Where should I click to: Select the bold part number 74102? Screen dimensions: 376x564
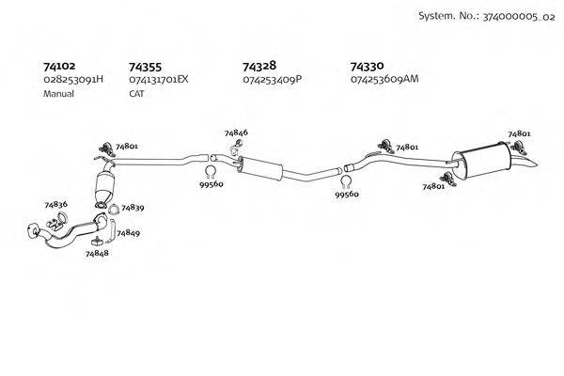[61, 67]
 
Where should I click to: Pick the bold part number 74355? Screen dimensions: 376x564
[145, 67]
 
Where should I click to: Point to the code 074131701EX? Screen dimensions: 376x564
[159, 80]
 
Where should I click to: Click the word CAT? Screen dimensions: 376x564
[136, 94]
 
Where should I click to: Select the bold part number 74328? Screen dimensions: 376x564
[258, 67]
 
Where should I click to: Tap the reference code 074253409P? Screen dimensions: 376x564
[272, 80]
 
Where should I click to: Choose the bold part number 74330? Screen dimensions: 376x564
[367, 67]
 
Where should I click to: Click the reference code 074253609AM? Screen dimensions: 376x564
[384, 80]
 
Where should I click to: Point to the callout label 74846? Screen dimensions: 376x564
[236, 133]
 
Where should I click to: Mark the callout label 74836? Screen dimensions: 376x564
[55, 204]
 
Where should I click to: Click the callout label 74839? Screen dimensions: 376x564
[133, 207]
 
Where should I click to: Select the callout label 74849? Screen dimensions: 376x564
[128, 232]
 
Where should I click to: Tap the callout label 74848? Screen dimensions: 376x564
[97, 254]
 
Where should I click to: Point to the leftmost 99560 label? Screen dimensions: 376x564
[211, 186]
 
